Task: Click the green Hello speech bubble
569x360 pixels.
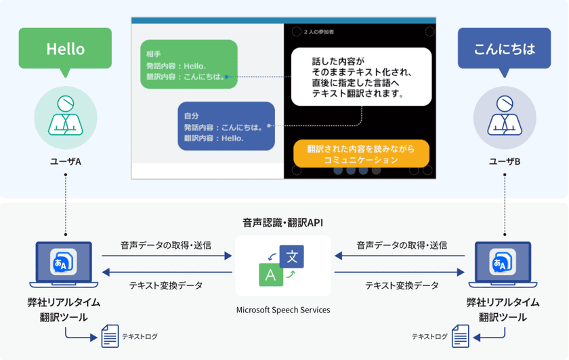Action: pos(65,49)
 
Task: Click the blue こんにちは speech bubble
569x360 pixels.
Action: pos(504,49)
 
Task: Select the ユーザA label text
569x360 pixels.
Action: pos(65,161)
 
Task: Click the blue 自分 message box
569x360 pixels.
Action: pos(226,126)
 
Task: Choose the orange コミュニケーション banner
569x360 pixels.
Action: pos(361,154)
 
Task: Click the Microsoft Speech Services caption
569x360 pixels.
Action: pos(283,310)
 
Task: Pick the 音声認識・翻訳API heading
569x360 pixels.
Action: pos(283,222)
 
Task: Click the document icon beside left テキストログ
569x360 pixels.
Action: pos(110,336)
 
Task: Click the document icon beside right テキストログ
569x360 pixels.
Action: pos(461,336)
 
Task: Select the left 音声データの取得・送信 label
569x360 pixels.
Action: pos(166,245)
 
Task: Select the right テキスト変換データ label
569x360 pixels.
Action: pos(402,285)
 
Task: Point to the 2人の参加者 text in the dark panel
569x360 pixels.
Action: pos(320,32)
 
